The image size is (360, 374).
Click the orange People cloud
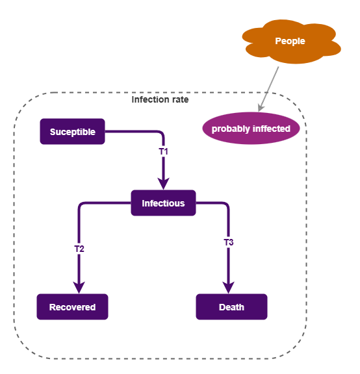point(290,42)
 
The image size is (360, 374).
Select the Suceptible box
point(72,132)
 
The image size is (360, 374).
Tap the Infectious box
point(163,203)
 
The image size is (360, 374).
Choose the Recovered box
point(72,307)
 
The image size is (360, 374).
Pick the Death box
point(231,307)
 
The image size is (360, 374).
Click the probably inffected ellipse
point(251,129)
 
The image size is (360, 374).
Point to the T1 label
point(164,151)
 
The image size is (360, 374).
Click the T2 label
point(79,248)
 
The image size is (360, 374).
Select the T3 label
point(229,242)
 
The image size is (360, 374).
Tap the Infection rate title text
point(160,99)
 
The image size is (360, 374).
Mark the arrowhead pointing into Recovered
point(79,287)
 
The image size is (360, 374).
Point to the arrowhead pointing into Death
point(229,287)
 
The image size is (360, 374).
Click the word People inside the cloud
point(290,41)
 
